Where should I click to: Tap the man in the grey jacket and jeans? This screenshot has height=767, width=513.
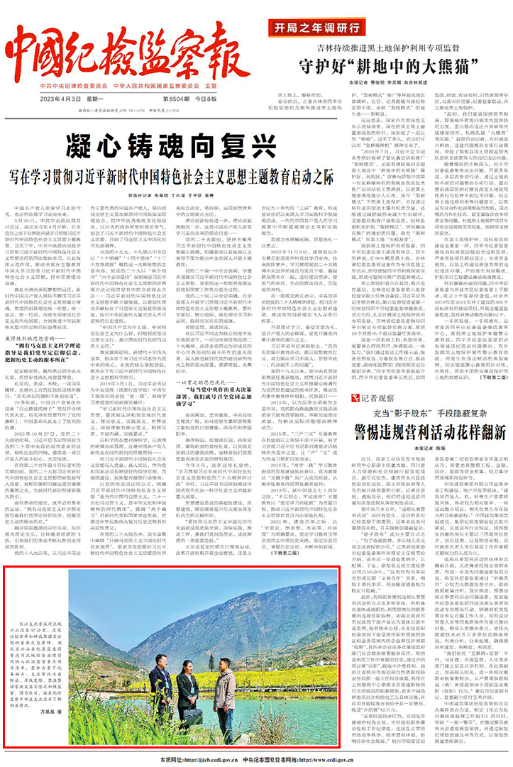225,682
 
